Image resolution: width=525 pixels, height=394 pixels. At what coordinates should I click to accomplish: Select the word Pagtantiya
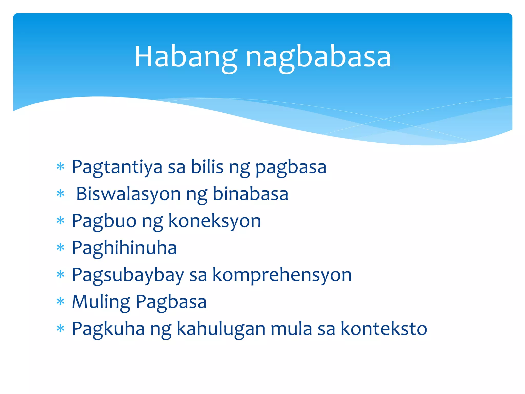(x=117, y=167)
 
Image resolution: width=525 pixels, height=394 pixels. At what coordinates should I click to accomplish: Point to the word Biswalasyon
(x=128, y=194)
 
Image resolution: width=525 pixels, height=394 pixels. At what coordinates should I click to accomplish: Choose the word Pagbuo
(x=104, y=221)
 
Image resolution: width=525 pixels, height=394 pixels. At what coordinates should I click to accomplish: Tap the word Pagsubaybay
(x=128, y=275)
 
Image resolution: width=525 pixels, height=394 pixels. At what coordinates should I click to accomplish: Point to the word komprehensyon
(x=282, y=275)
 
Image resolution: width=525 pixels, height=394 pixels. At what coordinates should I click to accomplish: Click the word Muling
(x=101, y=302)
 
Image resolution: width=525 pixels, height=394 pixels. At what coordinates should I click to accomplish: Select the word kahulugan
(x=221, y=329)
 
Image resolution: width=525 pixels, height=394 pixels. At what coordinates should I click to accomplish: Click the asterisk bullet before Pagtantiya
(x=60, y=167)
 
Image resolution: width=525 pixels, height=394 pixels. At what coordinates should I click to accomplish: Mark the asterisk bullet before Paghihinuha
(x=60, y=248)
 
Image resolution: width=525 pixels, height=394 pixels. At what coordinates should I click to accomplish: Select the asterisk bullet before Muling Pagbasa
(x=60, y=302)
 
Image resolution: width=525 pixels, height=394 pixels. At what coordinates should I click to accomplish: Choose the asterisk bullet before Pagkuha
(x=60, y=329)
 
